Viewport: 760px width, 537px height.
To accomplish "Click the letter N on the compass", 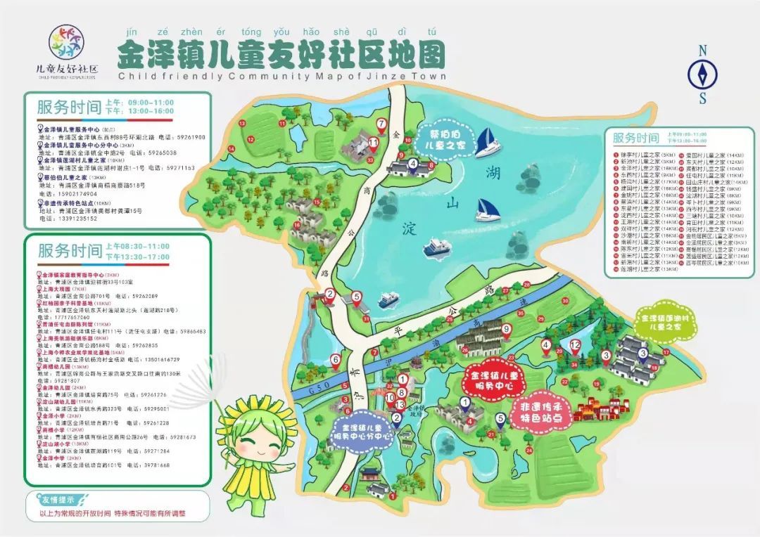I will [x=702, y=51].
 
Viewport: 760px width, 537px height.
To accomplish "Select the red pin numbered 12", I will [x=575, y=346].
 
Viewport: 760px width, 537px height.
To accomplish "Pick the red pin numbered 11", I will [x=374, y=143].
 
